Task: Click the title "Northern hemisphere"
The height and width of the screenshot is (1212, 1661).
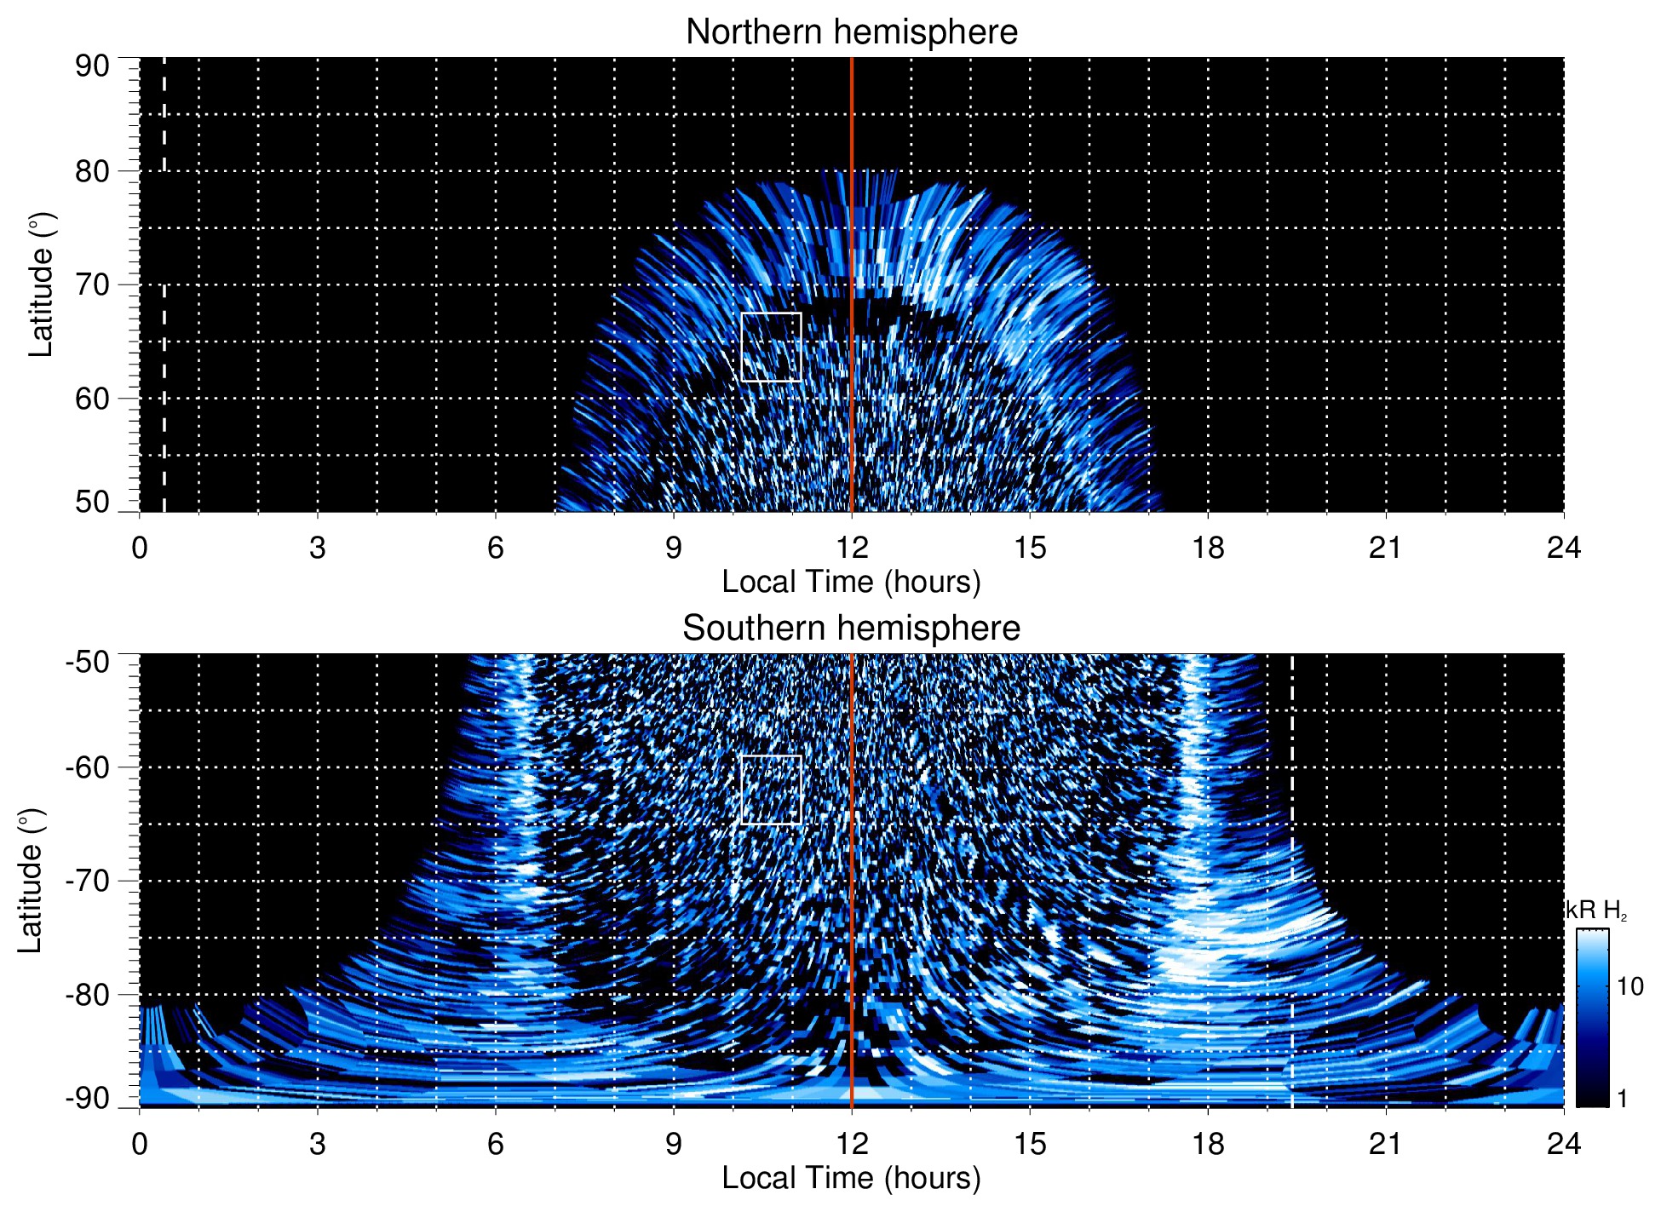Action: pos(851,32)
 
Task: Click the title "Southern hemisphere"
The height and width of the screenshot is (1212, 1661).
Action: pos(851,629)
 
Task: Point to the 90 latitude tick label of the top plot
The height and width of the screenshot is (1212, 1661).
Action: pos(92,66)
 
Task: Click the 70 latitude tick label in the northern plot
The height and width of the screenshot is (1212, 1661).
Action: pos(92,284)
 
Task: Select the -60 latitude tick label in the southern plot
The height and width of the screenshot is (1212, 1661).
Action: pos(88,767)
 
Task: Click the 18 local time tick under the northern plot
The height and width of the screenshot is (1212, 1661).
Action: pos(1208,548)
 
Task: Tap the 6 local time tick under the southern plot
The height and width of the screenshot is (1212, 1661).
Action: pos(495,1144)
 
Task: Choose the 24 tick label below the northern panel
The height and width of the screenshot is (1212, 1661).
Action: pos(1563,548)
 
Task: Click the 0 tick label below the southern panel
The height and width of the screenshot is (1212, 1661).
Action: pos(140,1144)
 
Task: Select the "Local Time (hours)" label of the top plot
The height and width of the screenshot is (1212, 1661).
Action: pos(851,582)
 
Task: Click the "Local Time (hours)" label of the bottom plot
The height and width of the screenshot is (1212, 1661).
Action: pos(851,1178)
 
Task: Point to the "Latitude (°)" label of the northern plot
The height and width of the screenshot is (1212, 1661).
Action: pos(41,284)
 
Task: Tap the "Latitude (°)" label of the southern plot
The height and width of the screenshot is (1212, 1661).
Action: pos(31,881)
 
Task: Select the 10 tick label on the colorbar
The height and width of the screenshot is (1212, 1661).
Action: pos(1629,987)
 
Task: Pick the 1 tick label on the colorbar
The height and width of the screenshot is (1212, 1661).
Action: pos(1622,1099)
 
